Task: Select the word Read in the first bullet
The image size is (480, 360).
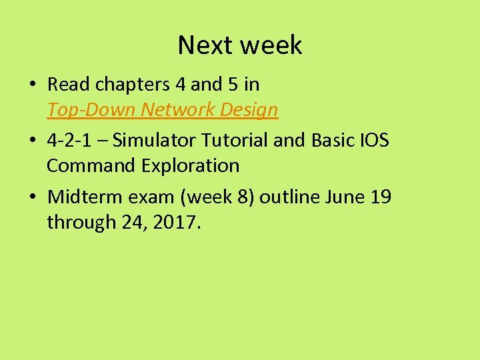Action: point(70,85)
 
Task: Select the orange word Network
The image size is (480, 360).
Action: point(171,109)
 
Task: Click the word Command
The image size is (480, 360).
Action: point(92,165)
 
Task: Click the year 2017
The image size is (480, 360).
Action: point(176,222)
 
